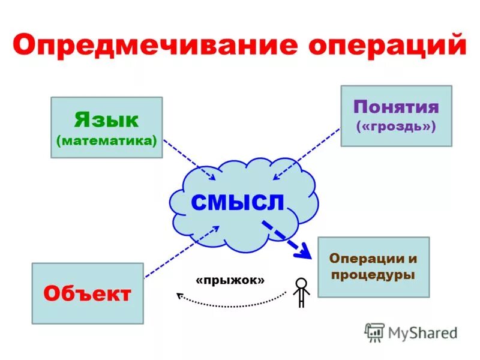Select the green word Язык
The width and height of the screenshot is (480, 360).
[107, 119]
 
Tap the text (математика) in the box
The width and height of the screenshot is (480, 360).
[107, 141]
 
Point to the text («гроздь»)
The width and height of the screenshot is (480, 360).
[396, 127]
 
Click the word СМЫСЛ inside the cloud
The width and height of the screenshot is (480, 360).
[238, 202]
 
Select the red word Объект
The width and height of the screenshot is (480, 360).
[88, 294]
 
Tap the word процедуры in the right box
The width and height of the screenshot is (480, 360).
[373, 275]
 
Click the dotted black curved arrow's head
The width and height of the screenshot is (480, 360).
[179, 295]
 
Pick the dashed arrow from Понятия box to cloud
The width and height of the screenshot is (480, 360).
[306, 153]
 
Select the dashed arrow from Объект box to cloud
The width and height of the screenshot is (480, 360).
[180, 252]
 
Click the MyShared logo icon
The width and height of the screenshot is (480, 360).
[375, 331]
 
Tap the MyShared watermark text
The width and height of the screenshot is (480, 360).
[423, 332]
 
